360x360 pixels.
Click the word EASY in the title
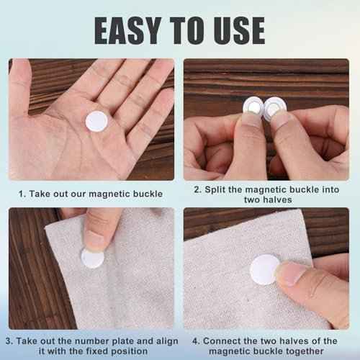128,31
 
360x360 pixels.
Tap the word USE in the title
239,31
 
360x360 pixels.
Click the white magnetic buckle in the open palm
96,122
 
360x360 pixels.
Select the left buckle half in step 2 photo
253,107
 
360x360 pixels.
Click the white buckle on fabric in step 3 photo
92,258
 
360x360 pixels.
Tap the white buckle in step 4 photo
264,269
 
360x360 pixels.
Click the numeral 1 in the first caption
21,194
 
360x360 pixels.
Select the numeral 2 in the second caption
197,189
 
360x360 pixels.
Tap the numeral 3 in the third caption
9,341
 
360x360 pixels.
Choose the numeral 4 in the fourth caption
196,341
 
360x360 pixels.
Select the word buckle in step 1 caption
148,194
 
